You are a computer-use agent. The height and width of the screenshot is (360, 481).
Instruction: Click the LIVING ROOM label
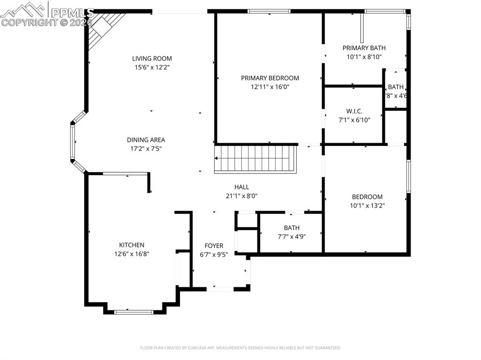point(152,59)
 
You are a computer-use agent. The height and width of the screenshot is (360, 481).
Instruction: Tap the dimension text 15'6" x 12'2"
point(152,68)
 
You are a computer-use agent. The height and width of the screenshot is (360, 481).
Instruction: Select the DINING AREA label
point(146,140)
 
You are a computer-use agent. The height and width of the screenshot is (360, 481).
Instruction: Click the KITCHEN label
point(132,245)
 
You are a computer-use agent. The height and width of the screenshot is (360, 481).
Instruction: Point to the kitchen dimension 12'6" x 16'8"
point(132,254)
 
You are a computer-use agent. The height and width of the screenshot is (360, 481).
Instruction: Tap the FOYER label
point(214,246)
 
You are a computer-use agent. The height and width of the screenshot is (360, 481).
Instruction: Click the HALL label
point(241,187)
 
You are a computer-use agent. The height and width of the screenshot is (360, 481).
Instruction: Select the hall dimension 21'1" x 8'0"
point(241,196)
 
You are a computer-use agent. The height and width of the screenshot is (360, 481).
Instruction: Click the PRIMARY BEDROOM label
point(270,78)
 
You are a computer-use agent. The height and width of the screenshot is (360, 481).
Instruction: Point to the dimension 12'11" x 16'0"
point(270,87)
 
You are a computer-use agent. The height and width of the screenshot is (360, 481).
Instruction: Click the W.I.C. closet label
point(354,111)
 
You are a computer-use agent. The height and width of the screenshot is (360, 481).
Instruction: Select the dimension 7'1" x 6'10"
point(354,120)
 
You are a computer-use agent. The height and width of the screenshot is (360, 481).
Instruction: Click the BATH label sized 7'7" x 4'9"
point(291,228)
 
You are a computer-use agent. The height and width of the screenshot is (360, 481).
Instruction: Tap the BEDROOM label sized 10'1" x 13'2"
point(367,197)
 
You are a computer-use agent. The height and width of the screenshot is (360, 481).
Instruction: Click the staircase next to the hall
point(256,159)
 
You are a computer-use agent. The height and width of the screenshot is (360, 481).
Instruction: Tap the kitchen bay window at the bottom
point(134,311)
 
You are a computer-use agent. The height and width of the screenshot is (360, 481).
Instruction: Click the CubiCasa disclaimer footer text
point(240,348)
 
